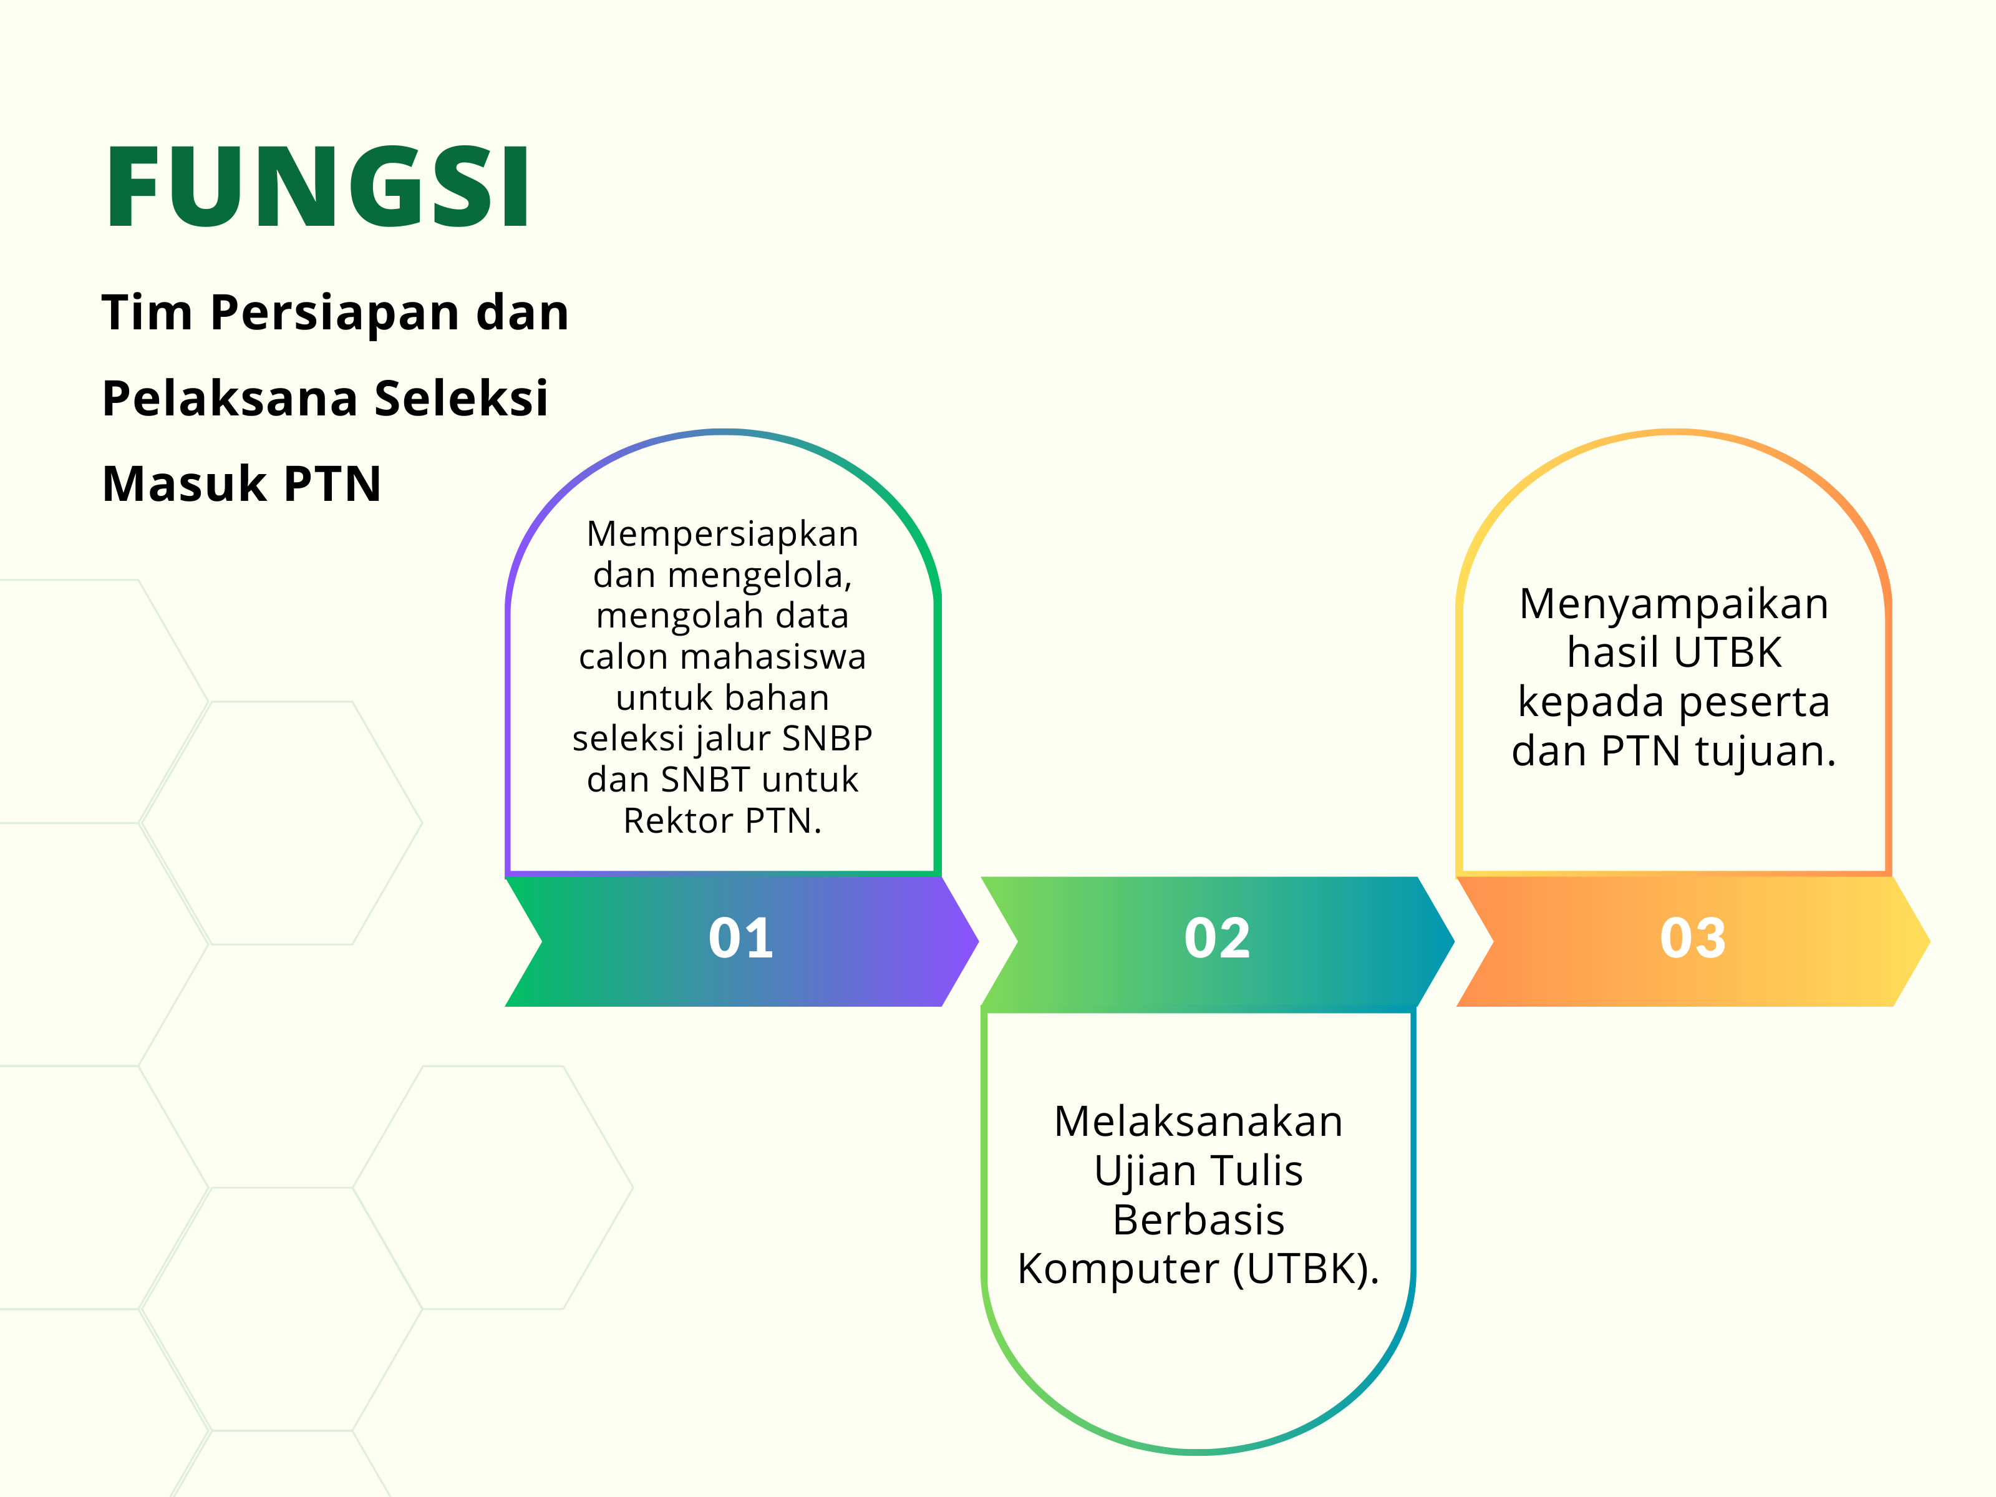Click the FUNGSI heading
[317, 186]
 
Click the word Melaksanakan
[1198, 1122]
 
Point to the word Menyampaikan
[1674, 604]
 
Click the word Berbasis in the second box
[1198, 1220]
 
